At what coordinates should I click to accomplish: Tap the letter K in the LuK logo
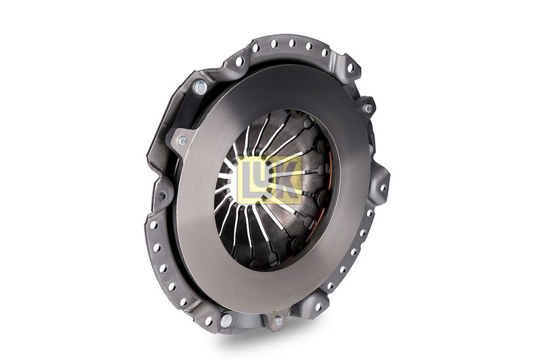[x=285, y=180]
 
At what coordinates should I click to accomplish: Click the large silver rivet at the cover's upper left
[x=200, y=87]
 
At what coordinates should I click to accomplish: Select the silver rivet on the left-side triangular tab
[x=183, y=141]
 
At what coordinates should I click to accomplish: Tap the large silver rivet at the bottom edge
[x=226, y=320]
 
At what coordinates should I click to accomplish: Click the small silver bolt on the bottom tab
[x=279, y=322]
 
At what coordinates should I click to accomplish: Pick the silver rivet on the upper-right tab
[x=368, y=109]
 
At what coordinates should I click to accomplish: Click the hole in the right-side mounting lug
[x=383, y=187]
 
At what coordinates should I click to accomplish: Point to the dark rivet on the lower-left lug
[x=161, y=196]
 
